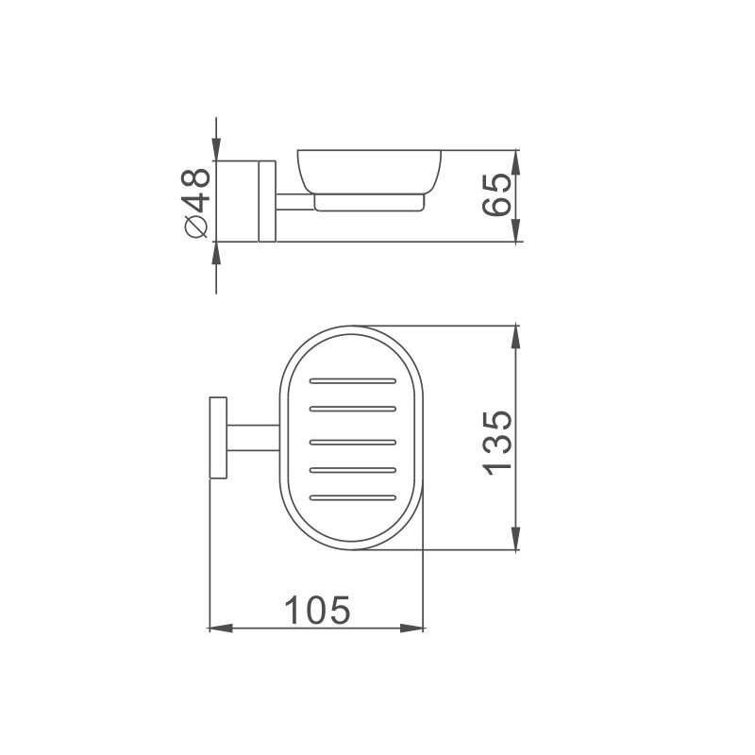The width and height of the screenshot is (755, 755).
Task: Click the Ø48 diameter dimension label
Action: tap(196, 203)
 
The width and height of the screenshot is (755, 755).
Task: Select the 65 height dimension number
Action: tap(496, 194)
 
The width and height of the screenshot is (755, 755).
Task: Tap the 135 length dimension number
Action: tap(496, 444)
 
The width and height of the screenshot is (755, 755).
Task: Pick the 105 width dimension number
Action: tap(317, 610)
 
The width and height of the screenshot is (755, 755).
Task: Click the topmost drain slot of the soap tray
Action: tap(353, 381)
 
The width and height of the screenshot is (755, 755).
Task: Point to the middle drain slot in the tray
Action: tap(353, 442)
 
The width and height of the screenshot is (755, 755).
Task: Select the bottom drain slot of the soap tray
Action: tap(353, 497)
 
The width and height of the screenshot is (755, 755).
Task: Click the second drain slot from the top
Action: tap(353, 409)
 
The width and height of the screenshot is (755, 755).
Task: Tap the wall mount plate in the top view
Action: tap(218, 438)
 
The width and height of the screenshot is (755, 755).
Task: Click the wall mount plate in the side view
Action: tap(267, 201)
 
